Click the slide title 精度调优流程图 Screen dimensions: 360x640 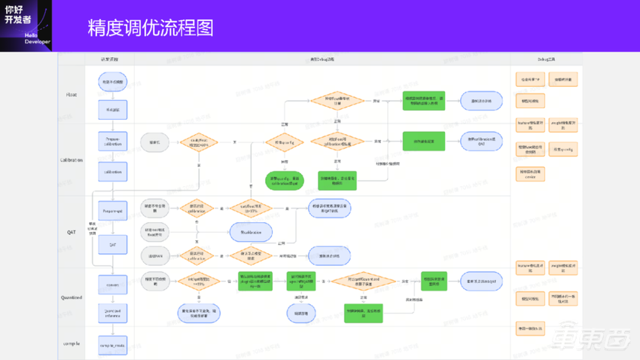[151, 28]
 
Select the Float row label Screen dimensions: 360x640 [72, 95]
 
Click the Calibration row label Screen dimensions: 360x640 [72, 160]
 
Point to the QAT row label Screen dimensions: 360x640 [72, 233]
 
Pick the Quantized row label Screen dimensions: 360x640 [72, 297]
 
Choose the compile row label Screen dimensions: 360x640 [72, 343]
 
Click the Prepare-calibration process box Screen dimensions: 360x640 [113, 141]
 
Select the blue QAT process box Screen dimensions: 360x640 [113, 244]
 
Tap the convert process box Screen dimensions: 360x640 [113, 285]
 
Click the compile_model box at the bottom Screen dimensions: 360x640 [113, 345]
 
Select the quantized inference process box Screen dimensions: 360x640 [113, 313]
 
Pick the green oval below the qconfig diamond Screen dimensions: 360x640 [284, 180]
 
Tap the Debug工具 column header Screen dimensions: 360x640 [546, 59]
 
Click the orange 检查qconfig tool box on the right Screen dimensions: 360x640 [562, 150]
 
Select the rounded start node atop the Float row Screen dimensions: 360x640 [113, 82]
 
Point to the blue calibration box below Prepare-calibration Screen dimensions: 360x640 [113, 172]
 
